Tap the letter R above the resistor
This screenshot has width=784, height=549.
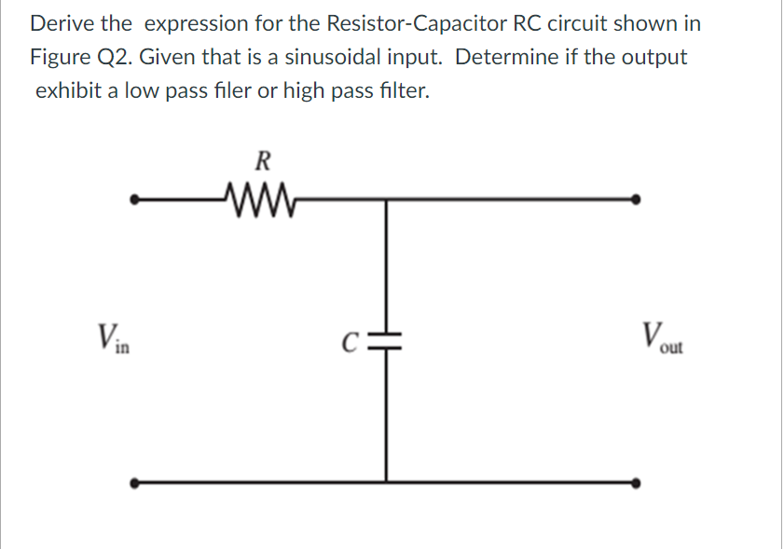click(x=263, y=160)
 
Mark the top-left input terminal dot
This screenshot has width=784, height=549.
click(x=135, y=199)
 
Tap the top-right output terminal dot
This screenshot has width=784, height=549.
click(x=636, y=199)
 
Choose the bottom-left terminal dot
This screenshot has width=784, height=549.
click(x=135, y=483)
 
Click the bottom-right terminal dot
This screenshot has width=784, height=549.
click(x=636, y=483)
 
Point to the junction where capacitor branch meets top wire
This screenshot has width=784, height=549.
click(x=385, y=199)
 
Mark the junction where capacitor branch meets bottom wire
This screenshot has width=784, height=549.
click(x=385, y=483)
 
